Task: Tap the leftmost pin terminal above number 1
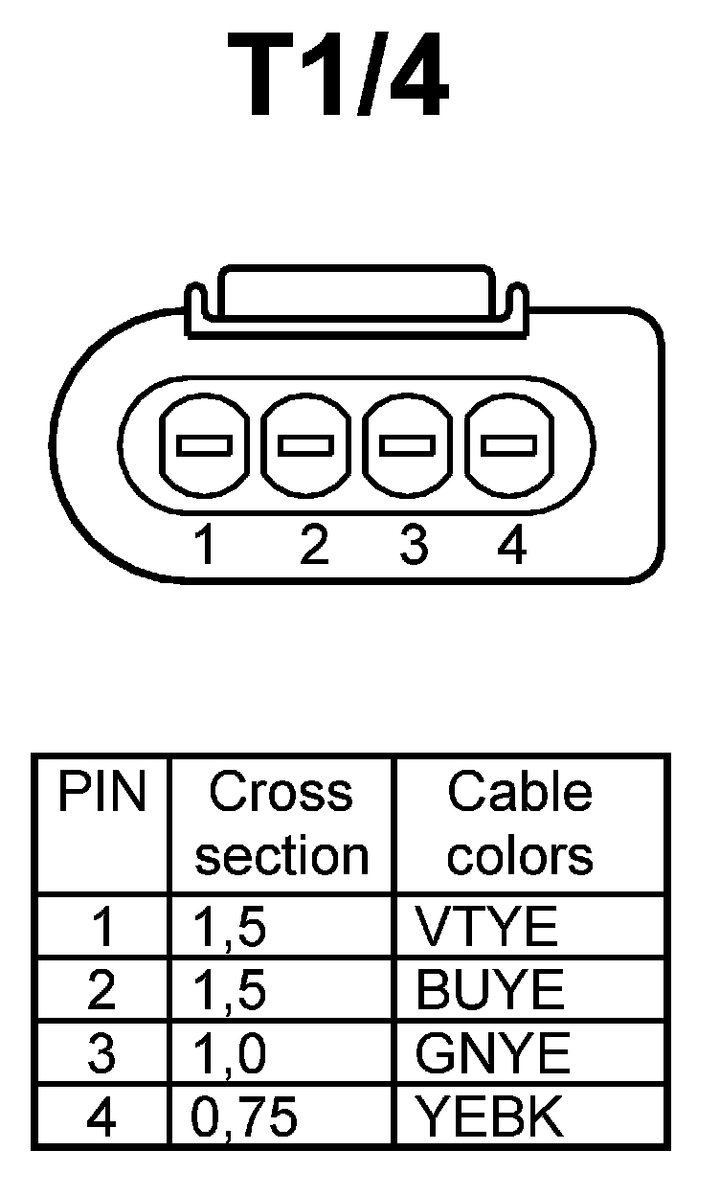coord(203,445)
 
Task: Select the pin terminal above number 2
coord(305,445)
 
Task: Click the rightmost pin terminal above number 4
coord(508,445)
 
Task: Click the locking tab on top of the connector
coord(356,292)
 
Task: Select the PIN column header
coord(101,795)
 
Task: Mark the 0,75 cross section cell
coord(245,1116)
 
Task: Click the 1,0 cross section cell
coord(230,1054)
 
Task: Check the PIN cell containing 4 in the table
coord(101,1116)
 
